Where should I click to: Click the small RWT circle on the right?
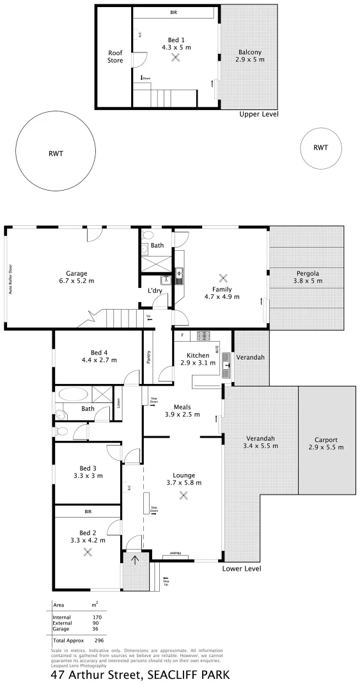[x=320, y=148]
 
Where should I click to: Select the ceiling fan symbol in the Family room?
[x=223, y=278]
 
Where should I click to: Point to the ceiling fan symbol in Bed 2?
[x=88, y=552]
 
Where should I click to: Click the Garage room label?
[x=77, y=273]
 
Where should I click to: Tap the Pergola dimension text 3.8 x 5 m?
[x=306, y=281]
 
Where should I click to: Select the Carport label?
[x=326, y=440]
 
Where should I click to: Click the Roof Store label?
[x=115, y=58]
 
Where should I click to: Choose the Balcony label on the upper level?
[x=250, y=52]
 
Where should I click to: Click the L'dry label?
[x=154, y=291]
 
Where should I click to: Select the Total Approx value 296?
[x=99, y=640]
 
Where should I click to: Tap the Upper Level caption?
[x=259, y=115]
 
